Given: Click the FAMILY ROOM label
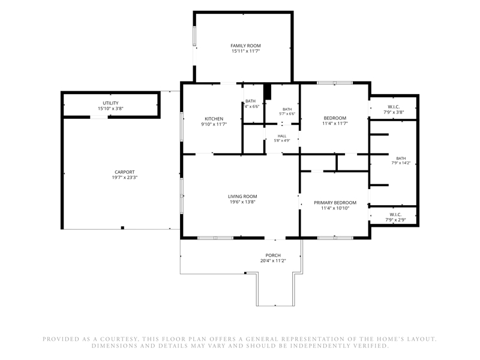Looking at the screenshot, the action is point(245,46).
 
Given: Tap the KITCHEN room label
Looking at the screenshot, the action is point(214,119).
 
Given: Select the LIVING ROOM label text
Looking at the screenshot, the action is point(242,197).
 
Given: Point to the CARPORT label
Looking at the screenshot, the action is point(125,172).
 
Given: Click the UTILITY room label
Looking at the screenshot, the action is point(110,103).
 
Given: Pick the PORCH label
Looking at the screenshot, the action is point(273,256).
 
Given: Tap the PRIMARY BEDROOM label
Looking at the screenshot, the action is point(335,203).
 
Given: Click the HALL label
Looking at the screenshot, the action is point(282,136).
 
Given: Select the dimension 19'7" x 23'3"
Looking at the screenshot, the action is point(125,178).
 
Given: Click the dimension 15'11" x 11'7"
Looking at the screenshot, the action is point(245,51).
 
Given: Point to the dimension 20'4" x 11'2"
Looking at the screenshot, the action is point(273,261).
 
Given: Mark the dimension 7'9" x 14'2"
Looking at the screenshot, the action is point(401,163).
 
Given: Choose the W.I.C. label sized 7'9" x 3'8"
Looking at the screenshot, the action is point(394,107).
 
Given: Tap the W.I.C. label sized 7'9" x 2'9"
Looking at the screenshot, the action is point(395,215).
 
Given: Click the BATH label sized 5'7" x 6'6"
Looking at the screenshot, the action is point(287,109).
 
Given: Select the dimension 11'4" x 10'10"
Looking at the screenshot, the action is point(335,208).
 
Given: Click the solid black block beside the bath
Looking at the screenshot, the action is point(268,91).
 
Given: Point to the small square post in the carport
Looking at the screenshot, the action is point(122,227).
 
